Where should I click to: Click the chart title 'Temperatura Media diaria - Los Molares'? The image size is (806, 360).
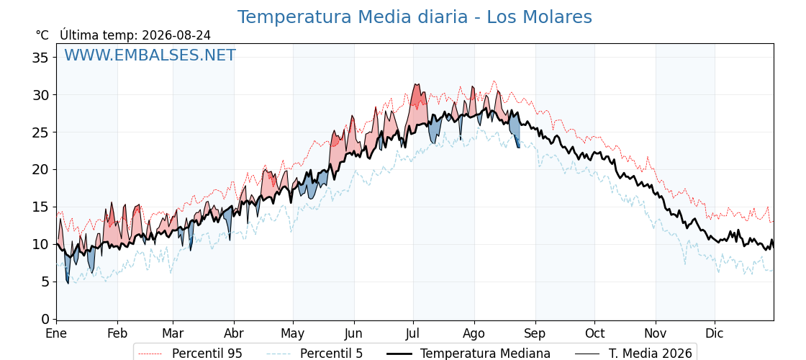click(x=415, y=17)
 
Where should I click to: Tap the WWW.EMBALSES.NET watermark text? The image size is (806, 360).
click(x=150, y=55)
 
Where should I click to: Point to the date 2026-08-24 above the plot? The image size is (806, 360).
click(x=176, y=35)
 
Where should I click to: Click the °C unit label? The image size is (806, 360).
click(x=42, y=35)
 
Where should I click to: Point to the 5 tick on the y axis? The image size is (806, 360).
click(x=45, y=282)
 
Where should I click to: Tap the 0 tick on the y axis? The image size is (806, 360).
click(x=45, y=320)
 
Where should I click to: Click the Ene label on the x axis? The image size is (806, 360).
click(x=56, y=334)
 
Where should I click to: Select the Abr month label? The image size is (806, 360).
click(x=234, y=334)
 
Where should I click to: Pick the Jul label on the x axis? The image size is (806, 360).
click(x=413, y=334)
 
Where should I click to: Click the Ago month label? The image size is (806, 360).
click(x=474, y=334)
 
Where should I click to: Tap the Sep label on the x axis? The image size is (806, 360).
click(x=535, y=334)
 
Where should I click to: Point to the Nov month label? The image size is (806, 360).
click(x=656, y=334)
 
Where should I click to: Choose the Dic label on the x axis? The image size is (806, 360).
click(x=715, y=334)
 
